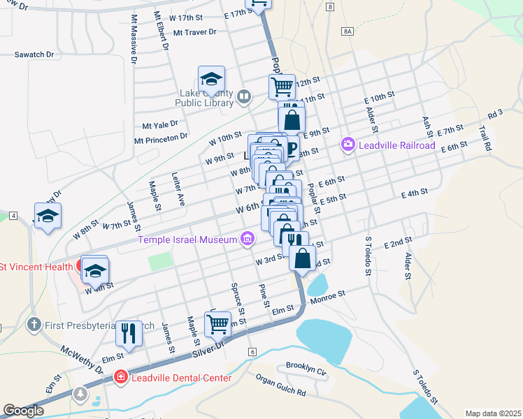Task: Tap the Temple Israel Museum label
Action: pos(187,240)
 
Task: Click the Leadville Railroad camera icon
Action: pos(348,145)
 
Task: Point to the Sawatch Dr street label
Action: pos(35,54)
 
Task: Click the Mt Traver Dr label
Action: pos(195,32)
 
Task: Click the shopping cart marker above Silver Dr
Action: pos(217,324)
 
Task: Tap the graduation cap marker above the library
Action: pos(211,80)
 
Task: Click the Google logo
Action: pos(24,411)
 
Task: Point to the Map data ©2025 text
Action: pos(493,413)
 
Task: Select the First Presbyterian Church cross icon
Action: pos(33,325)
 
